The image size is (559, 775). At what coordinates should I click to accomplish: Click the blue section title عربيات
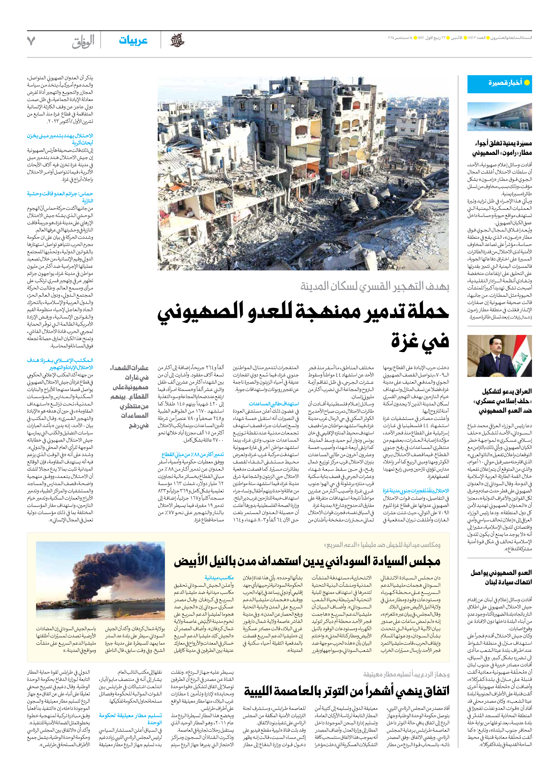[x=133, y=41]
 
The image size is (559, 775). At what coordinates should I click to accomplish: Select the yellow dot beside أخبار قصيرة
[x=527, y=82]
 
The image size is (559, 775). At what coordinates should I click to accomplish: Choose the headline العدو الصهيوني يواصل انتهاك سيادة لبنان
[x=501, y=577]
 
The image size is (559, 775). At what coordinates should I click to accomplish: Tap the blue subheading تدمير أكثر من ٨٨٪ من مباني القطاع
[x=193, y=455]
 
